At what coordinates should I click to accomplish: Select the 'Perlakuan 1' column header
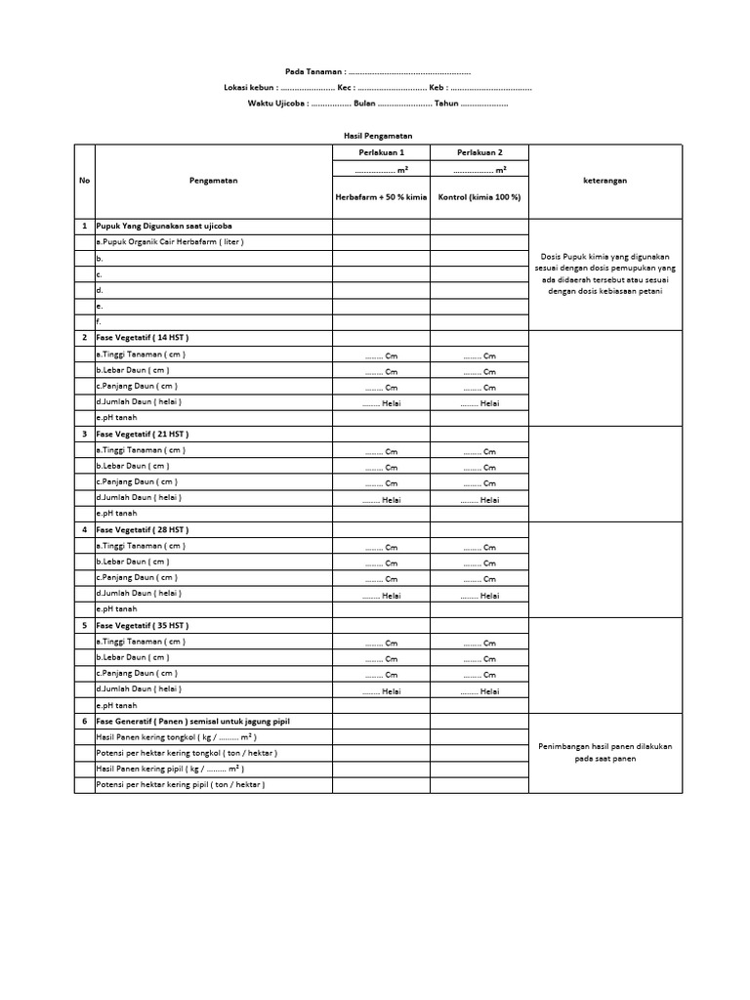coord(381,152)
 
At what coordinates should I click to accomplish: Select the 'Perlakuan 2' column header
coord(479,152)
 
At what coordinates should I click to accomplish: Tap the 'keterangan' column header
coord(605,181)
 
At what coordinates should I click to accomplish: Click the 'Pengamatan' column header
coord(213,181)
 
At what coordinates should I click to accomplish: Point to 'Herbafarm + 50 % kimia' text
coord(381,197)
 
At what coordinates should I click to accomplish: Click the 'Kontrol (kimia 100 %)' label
coord(479,197)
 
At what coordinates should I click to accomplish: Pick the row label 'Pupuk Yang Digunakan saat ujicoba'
coord(164,226)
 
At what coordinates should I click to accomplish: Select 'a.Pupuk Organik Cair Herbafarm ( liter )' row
coord(170,241)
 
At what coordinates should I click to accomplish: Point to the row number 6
coord(84,721)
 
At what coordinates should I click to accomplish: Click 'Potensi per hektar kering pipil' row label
coord(180,784)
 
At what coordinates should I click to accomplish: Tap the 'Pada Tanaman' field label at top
coord(312,72)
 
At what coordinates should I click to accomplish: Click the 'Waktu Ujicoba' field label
coord(277,104)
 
